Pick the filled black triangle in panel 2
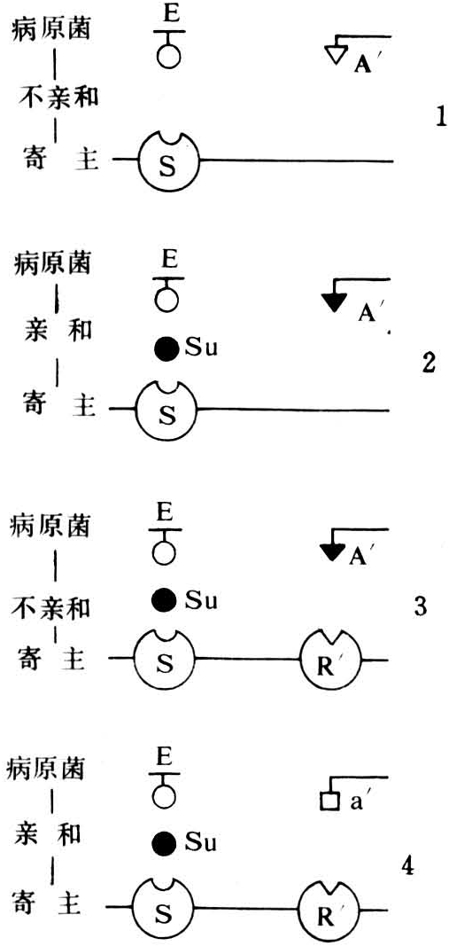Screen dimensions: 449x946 (x=333, y=301)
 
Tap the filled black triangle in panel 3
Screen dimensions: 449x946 (x=332, y=550)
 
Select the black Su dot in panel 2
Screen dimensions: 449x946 (x=166, y=348)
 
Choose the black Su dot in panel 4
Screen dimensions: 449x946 (x=165, y=841)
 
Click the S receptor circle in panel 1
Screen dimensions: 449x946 (x=169, y=161)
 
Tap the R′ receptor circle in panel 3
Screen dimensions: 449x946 (x=332, y=661)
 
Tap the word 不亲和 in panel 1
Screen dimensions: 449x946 (x=55, y=98)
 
